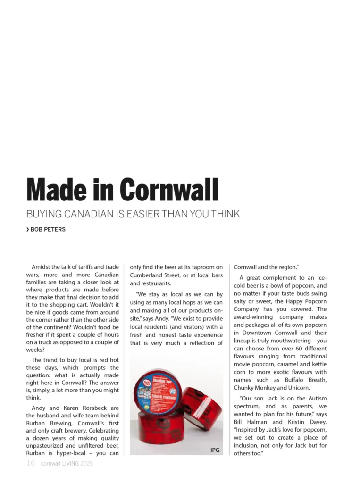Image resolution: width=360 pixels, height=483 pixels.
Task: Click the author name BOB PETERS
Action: [x=48, y=230]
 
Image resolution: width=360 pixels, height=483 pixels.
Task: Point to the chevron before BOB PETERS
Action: [x=27, y=230]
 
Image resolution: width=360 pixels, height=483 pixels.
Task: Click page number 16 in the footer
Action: [x=31, y=463]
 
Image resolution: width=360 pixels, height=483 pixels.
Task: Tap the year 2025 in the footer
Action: [x=86, y=464]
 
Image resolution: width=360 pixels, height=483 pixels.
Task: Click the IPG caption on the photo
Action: [x=215, y=450]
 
